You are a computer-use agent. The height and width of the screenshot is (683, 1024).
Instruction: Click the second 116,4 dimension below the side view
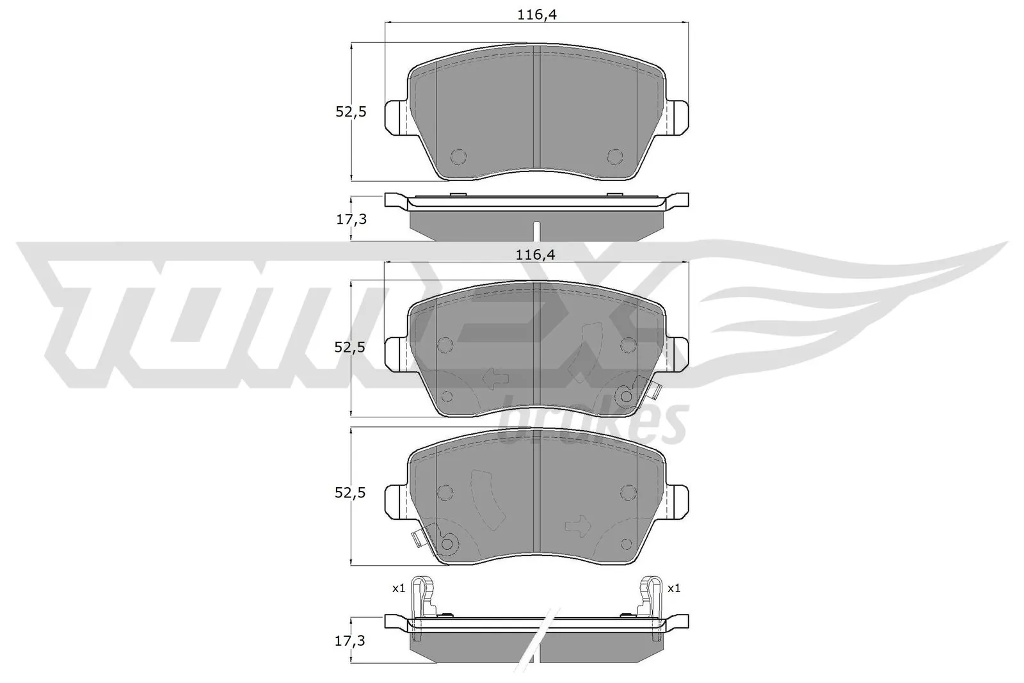pyautogui.click(x=536, y=254)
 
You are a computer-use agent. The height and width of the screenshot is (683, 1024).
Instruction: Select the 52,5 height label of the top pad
pyautogui.click(x=351, y=112)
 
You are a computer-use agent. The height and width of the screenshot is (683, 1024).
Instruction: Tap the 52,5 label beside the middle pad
pyautogui.click(x=351, y=347)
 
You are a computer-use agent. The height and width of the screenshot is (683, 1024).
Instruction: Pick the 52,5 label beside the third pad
pyautogui.click(x=351, y=494)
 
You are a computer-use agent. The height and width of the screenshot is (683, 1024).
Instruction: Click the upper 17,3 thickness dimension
pyautogui.click(x=351, y=220)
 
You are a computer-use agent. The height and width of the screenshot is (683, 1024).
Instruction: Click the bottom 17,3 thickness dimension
pyautogui.click(x=351, y=639)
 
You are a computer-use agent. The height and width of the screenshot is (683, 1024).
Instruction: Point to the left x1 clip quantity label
pyautogui.click(x=399, y=588)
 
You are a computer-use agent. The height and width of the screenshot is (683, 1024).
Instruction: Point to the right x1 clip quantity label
pyautogui.click(x=674, y=588)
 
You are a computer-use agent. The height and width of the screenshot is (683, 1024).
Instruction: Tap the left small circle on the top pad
pyautogui.click(x=459, y=156)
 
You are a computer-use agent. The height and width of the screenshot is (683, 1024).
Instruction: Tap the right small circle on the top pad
pyautogui.click(x=614, y=156)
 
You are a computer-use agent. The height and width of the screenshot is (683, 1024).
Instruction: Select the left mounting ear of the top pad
pyautogui.click(x=396, y=118)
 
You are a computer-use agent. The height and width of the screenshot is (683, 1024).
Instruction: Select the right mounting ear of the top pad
pyautogui.click(x=678, y=118)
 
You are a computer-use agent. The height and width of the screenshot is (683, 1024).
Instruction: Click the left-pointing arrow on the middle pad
pyautogui.click(x=495, y=378)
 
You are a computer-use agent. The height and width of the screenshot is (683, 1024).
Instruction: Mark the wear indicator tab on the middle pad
pyautogui.click(x=652, y=389)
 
